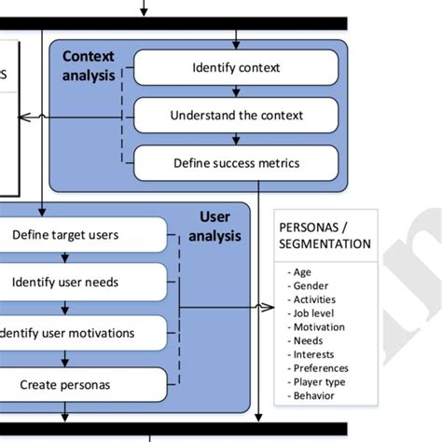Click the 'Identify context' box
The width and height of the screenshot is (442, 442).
[x=236, y=67]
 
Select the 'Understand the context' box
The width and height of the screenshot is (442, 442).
[x=236, y=116]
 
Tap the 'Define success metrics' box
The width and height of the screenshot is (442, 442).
[x=236, y=163]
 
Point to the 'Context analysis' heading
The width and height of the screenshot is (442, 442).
[x=89, y=65]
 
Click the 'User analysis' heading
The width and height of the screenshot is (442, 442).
[x=214, y=227]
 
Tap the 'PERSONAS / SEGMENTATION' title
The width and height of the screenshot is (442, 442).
[x=325, y=235]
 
